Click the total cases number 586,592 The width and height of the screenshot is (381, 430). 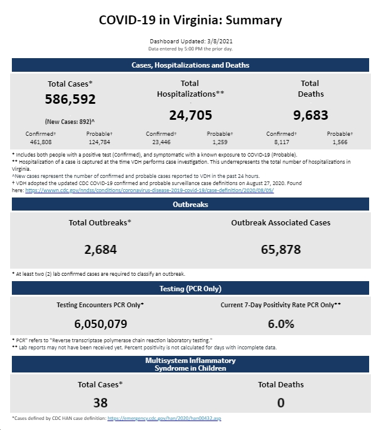point(70,99)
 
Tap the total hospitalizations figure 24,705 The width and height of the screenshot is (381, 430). point(190,115)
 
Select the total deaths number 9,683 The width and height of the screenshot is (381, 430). point(310,115)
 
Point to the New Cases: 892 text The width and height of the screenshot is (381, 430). point(69,122)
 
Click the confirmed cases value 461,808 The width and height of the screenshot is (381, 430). point(40,142)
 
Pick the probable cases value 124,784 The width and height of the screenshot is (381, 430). point(99,142)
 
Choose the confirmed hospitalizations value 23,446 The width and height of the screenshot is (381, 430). point(161,142)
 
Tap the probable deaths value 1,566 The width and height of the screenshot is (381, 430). point(340,142)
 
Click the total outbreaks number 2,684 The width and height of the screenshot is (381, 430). point(100,250)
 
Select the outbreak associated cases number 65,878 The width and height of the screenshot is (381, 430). point(281,250)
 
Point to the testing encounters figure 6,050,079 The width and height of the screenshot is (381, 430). point(100,324)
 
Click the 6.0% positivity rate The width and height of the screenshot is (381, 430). point(281,324)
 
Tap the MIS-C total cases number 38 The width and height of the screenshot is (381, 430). point(100,403)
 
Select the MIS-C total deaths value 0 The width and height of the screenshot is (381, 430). point(281,403)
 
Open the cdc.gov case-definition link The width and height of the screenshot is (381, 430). point(150,190)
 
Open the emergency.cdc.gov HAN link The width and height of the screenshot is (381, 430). point(164,418)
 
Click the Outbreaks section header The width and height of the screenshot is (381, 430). point(190,204)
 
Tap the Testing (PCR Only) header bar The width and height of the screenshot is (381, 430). point(190,288)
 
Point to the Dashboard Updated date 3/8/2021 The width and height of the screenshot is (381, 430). point(220,42)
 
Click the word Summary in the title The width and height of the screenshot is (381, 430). point(253,20)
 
